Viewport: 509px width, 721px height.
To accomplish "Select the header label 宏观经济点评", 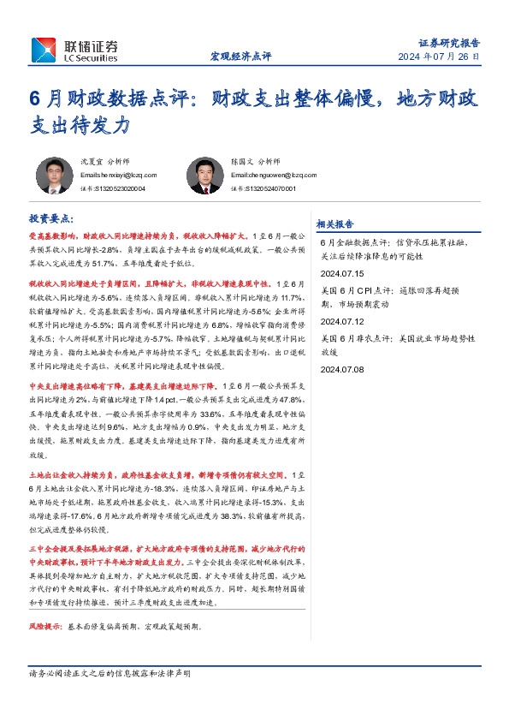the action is [240, 57].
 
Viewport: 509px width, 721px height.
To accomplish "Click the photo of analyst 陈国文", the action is [203, 176].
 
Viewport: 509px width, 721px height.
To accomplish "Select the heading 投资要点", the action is [51, 219].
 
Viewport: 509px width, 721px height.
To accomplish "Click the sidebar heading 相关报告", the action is [335, 223].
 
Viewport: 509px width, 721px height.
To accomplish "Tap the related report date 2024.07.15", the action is [341, 273].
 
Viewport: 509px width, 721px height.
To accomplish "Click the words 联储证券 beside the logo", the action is [88, 45].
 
